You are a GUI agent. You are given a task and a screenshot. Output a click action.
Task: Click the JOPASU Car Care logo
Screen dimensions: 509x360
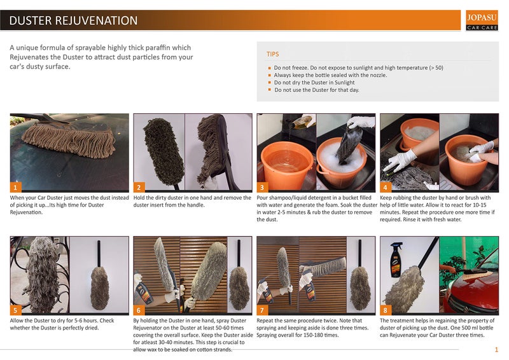point(482,20)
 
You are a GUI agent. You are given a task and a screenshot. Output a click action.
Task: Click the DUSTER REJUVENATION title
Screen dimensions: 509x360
point(73,20)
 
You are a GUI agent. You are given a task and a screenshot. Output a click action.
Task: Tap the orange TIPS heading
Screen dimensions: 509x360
point(273,54)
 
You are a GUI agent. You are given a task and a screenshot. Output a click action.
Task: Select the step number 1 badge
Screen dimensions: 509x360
point(15,187)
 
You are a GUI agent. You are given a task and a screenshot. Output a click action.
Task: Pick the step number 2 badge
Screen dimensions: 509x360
point(139,187)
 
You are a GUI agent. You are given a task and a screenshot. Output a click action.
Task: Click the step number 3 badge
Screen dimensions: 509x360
point(262,187)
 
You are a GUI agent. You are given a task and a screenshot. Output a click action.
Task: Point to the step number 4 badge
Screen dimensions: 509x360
point(386,187)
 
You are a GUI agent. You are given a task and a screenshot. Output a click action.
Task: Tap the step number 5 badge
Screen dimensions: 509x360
point(15,310)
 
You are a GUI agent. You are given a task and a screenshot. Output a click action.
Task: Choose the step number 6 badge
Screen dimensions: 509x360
point(139,310)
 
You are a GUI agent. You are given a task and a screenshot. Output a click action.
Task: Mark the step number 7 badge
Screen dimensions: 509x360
point(262,310)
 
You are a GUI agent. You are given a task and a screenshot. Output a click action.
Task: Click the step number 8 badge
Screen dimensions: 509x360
point(386,310)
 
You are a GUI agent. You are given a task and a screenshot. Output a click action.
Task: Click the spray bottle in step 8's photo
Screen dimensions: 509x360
point(396,260)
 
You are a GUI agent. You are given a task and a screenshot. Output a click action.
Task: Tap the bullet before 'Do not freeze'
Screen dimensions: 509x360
point(269,68)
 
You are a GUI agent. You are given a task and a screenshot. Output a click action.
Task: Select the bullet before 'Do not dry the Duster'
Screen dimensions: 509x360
point(269,83)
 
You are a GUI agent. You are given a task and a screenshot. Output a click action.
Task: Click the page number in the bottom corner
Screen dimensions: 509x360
point(496,350)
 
